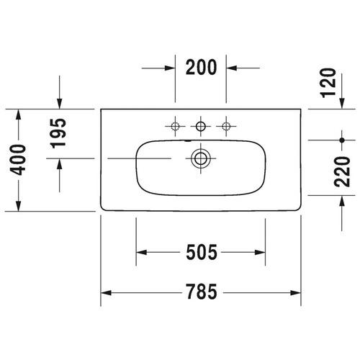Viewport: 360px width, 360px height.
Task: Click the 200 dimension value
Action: [202, 68]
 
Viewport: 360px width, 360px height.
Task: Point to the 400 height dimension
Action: [19, 160]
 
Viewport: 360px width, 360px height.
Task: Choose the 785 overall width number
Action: [201, 293]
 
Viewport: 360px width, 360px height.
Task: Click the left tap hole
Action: [176, 127]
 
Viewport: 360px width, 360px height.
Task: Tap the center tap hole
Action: [202, 127]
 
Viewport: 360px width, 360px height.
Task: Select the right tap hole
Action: [227, 127]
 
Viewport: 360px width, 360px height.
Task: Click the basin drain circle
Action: [202, 158]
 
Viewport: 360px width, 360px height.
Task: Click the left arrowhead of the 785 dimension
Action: [105, 293]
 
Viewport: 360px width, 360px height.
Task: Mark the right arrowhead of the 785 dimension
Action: [297, 293]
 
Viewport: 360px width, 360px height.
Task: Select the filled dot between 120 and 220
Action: [341, 138]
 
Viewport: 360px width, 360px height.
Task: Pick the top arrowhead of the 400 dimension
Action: [19, 114]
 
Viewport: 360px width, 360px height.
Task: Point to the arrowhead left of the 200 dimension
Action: [170, 68]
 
